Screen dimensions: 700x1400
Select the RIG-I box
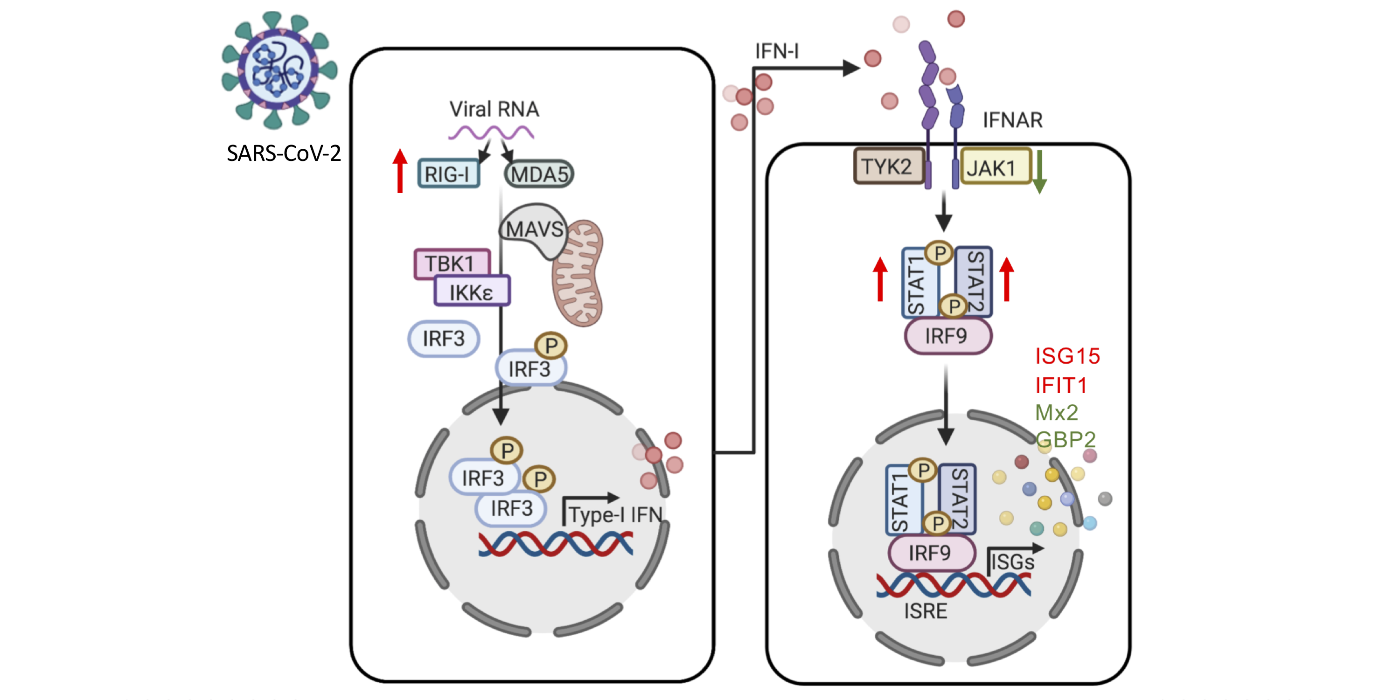(x=448, y=174)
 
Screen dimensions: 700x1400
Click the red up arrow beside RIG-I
(x=400, y=171)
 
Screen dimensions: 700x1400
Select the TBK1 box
(x=451, y=263)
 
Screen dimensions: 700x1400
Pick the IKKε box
(x=471, y=292)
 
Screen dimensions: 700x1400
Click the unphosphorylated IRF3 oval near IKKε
(x=444, y=339)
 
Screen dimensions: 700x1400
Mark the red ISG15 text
(x=1067, y=356)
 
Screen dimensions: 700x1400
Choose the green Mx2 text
(x=1056, y=413)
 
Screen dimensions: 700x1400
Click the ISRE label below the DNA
(x=925, y=611)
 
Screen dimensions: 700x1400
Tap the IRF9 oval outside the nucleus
(x=947, y=336)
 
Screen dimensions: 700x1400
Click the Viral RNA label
(x=494, y=109)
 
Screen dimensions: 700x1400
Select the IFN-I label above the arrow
(x=777, y=52)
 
